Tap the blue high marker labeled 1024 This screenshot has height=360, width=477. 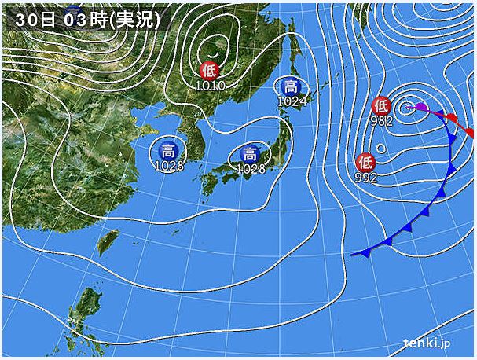(x=291, y=86)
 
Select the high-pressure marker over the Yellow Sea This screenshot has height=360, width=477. (x=168, y=151)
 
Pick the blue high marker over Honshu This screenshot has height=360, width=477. (x=250, y=154)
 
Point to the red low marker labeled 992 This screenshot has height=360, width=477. (x=365, y=163)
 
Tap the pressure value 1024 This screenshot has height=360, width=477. (x=292, y=100)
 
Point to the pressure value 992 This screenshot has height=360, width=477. (x=365, y=177)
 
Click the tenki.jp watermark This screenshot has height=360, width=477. (x=427, y=343)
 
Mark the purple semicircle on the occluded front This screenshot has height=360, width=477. (x=420, y=107)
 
